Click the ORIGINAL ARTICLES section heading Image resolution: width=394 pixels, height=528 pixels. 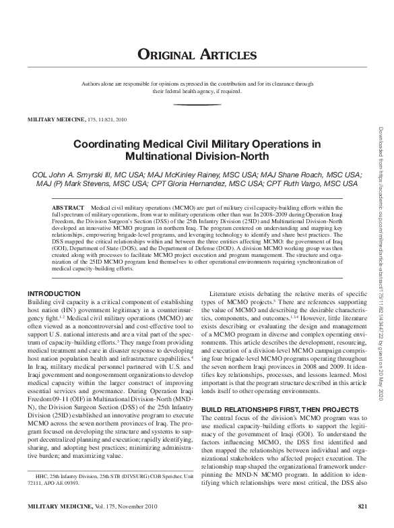tap(197, 55)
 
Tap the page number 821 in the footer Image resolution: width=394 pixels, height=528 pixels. tap(362, 507)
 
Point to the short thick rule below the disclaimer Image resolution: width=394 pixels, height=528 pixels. tap(197, 105)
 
